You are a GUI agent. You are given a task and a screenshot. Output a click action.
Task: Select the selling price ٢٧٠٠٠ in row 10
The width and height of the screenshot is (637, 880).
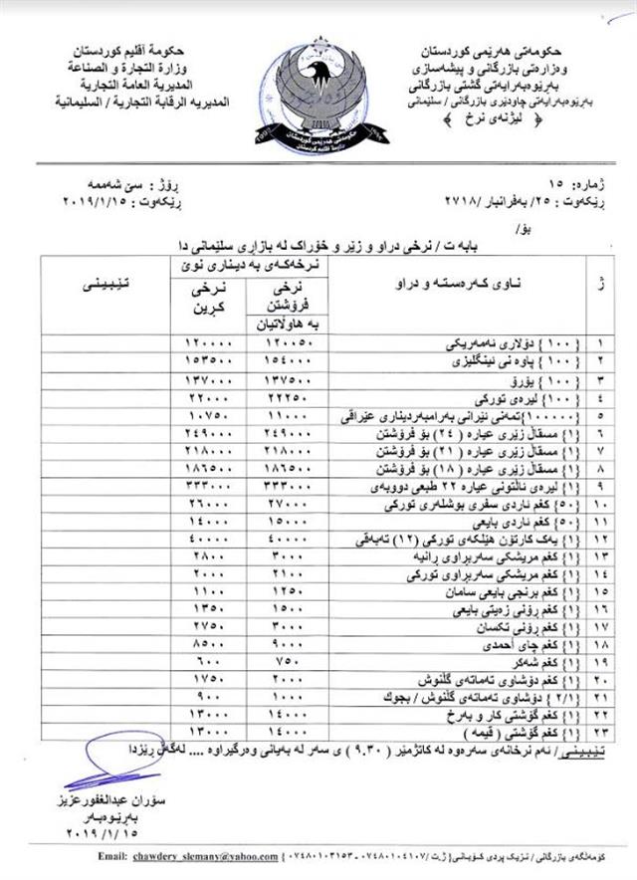[x=285, y=507]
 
